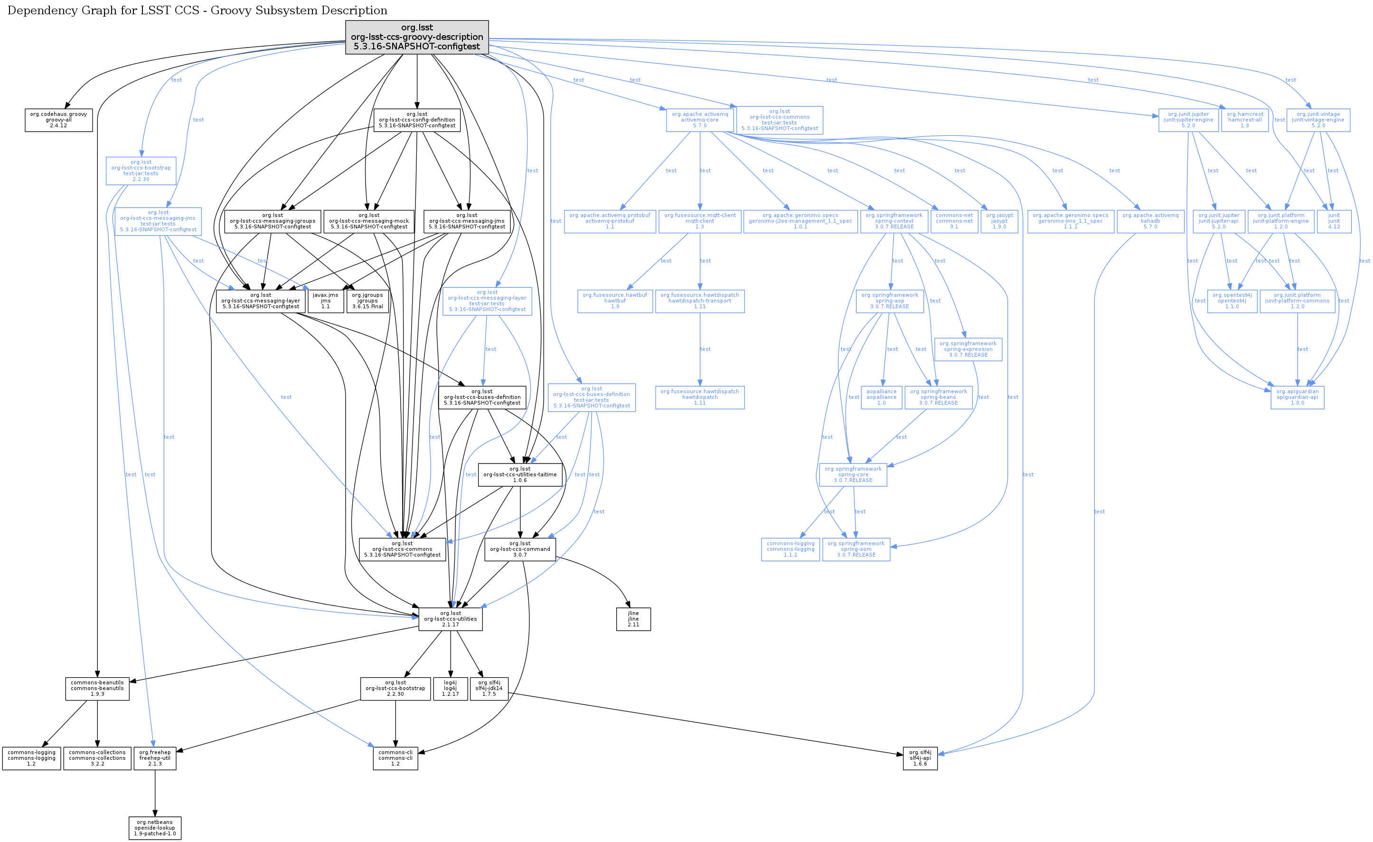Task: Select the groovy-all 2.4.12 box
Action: (x=58, y=120)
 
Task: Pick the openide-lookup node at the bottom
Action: (x=155, y=827)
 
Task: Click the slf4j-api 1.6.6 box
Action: (x=920, y=758)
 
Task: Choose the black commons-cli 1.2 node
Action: (x=395, y=758)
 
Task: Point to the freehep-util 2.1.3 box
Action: (x=155, y=758)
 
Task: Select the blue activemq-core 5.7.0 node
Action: (x=700, y=120)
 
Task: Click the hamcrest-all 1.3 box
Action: (x=1245, y=120)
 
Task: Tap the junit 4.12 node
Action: (x=1334, y=221)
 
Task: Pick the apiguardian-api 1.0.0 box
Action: (x=1297, y=397)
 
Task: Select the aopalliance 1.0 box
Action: (x=882, y=397)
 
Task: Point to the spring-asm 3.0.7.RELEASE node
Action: (x=856, y=549)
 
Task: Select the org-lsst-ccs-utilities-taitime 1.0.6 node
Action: (x=520, y=475)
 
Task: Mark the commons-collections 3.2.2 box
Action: (x=97, y=758)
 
